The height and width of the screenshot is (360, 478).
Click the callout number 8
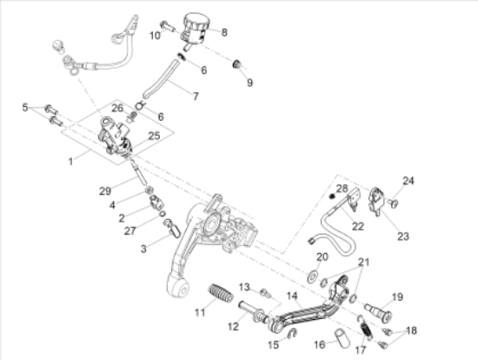point(223,33)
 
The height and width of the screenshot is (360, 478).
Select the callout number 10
point(155,36)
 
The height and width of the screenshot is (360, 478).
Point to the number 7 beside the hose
point(195,96)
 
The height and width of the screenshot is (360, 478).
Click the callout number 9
point(249,83)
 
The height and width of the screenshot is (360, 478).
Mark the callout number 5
point(25,107)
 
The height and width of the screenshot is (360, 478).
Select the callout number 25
point(154,136)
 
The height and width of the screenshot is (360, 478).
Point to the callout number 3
point(145,249)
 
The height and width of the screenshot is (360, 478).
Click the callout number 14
point(292,296)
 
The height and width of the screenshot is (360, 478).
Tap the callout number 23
point(402,234)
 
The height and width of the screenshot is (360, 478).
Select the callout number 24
point(409,181)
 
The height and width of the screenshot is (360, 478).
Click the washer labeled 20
point(311,276)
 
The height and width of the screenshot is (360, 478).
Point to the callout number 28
point(342,189)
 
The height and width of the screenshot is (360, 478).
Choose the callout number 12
point(233,327)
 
